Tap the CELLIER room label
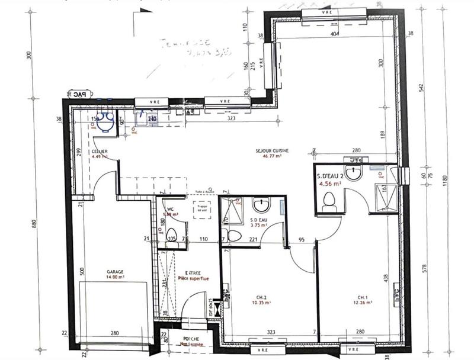pyautogui.click(x=99, y=152)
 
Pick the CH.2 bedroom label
pyautogui.click(x=261, y=297)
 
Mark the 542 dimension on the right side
pyautogui.click(x=421, y=87)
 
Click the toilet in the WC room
pyautogui.click(x=172, y=234)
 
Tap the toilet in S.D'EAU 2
pyautogui.click(x=330, y=204)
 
